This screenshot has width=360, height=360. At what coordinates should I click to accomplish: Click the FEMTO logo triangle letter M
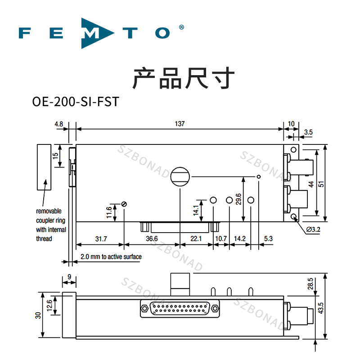(x=95, y=33)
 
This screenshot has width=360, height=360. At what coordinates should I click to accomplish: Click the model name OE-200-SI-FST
(x=76, y=101)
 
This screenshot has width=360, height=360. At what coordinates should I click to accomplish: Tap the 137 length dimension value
(x=180, y=123)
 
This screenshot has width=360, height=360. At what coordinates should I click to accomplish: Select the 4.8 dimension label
(x=59, y=123)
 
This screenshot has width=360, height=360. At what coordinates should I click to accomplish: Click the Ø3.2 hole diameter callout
(x=313, y=230)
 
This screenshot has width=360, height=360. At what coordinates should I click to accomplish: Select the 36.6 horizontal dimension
(x=152, y=238)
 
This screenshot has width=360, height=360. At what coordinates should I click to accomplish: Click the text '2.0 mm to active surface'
(x=111, y=257)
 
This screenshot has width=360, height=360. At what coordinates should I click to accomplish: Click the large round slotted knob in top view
(x=180, y=176)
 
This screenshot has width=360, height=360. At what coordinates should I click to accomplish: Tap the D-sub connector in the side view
(x=180, y=309)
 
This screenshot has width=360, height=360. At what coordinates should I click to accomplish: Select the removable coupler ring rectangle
(x=44, y=167)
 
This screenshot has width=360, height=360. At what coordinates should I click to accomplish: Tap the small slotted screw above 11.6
(x=124, y=204)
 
